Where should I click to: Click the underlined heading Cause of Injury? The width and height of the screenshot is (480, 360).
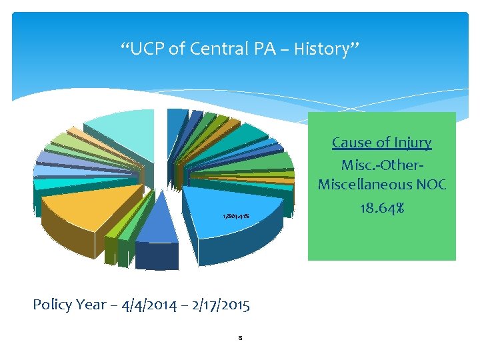coord(381,142)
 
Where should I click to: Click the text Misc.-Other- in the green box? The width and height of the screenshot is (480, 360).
coord(381,164)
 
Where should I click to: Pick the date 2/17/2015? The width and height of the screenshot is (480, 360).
coord(216,305)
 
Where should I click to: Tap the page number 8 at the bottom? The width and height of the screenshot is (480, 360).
coord(239,338)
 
